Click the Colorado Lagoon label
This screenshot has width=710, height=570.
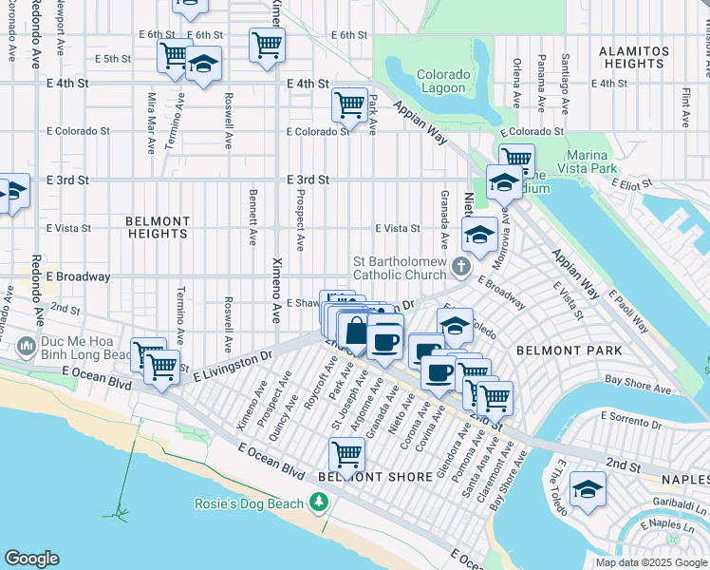441,82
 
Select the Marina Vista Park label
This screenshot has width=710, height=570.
599,161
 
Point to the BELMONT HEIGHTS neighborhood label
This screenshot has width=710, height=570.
158,227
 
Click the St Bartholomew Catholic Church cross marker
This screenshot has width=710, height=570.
461,266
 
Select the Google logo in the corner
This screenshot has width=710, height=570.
32,559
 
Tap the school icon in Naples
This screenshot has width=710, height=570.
588,489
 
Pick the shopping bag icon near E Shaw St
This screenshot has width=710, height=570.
355,332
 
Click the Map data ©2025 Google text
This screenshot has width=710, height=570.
650,562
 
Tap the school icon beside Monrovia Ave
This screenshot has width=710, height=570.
480,233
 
